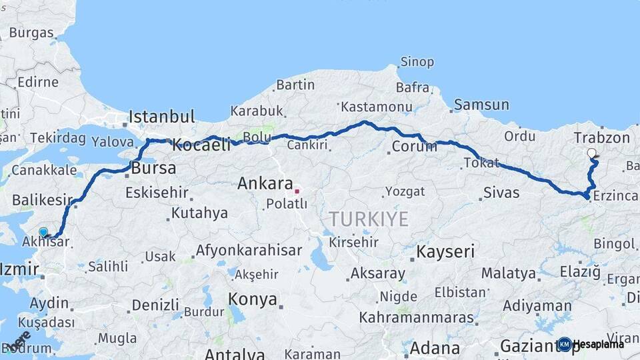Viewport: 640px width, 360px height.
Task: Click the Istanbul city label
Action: coord(162,116)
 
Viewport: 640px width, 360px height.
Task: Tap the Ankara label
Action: coord(265,183)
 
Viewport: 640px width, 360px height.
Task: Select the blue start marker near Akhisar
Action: coord(43,232)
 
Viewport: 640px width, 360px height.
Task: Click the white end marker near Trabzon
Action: coord(591,153)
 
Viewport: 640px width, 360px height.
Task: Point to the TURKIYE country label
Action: coord(368,218)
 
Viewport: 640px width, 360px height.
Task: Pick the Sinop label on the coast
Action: coord(417,62)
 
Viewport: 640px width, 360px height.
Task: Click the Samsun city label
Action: coord(481,105)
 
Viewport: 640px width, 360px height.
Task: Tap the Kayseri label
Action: coord(445,251)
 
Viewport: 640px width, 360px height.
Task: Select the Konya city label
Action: coord(253,299)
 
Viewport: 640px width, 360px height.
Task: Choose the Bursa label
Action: coord(153,167)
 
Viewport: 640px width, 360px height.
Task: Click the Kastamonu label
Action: coord(376,107)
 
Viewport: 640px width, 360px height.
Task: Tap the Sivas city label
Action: coord(501,193)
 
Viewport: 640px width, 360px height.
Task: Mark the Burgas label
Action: coord(31,33)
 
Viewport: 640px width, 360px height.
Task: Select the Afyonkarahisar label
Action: coord(249,251)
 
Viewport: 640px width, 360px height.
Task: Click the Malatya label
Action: coord(509,273)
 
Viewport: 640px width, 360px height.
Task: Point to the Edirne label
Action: coord(38,83)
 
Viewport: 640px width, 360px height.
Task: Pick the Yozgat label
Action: coord(405,191)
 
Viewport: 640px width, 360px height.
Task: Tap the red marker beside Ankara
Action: coord(297,191)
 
